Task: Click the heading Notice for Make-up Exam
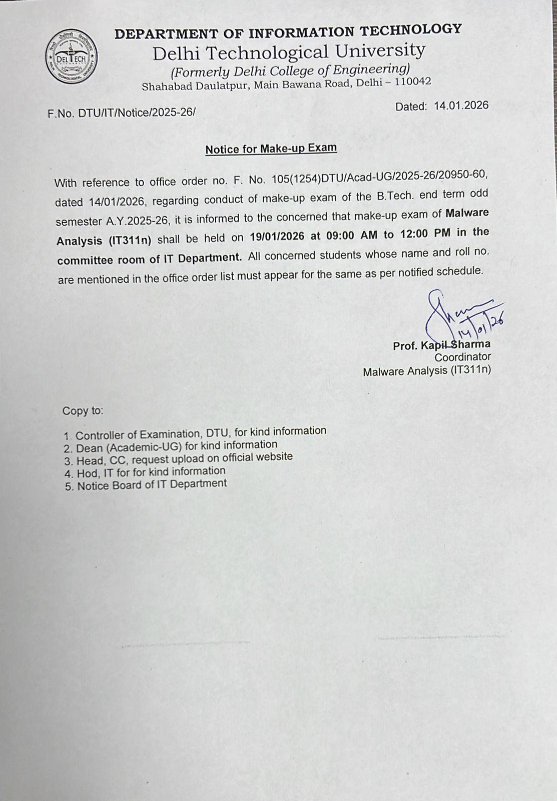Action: [x=271, y=149]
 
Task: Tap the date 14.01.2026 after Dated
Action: [x=461, y=106]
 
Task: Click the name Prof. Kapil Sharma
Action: [x=441, y=345]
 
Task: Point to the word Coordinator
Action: [x=462, y=357]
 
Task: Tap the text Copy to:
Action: [x=83, y=411]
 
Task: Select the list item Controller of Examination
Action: [x=201, y=432]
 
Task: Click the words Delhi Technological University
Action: [x=289, y=52]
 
